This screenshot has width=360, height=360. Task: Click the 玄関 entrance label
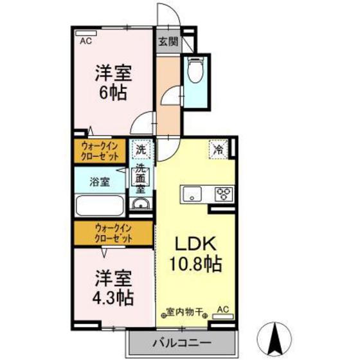168,43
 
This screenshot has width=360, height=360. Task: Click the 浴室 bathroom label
99,181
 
